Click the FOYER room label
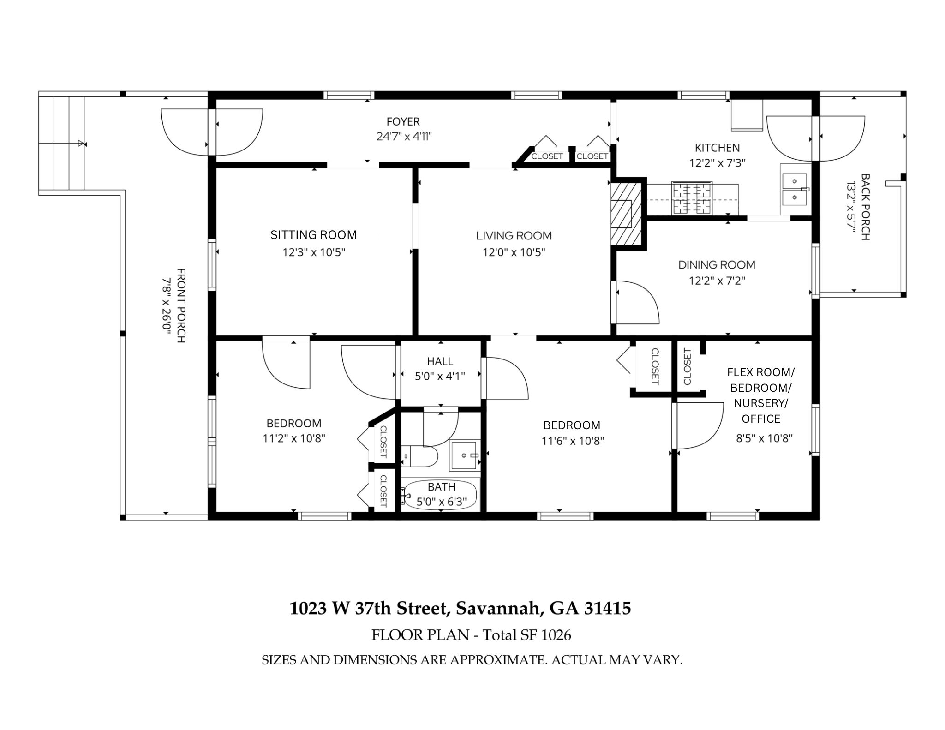(403, 121)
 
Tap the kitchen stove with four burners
(692, 198)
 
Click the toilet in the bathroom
(419, 456)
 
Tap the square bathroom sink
(465, 455)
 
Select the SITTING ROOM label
(314, 235)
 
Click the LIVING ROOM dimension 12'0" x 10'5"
(514, 252)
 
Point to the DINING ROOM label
(717, 265)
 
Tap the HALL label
(440, 361)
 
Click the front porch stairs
(62, 143)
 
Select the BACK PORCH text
(865, 207)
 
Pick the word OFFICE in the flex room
(761, 419)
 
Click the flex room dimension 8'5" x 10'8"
(764, 438)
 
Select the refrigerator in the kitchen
(746, 115)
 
